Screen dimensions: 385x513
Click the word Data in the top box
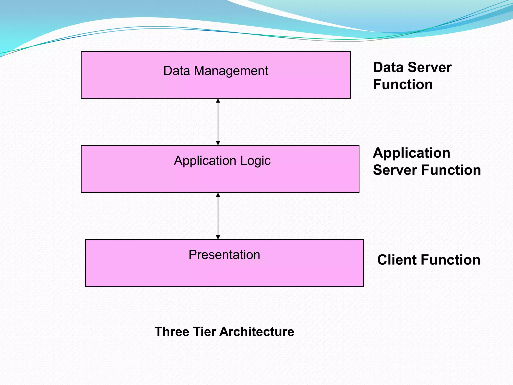[177, 71]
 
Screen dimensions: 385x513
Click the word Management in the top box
[231, 71]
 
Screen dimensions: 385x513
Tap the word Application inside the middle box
[205, 161]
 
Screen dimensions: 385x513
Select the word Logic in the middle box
[255, 161]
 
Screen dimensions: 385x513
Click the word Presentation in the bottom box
[224, 255]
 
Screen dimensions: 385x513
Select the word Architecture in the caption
[257, 332]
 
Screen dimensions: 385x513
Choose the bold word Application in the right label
[411, 153]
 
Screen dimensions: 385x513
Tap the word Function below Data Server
[403, 84]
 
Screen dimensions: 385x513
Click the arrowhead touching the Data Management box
[218, 101]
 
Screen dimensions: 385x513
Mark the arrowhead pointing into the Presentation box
[218, 237]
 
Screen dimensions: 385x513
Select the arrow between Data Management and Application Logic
[218, 122]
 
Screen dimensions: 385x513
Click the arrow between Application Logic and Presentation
[218, 216]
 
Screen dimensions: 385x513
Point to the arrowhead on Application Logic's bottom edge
[218, 195]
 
